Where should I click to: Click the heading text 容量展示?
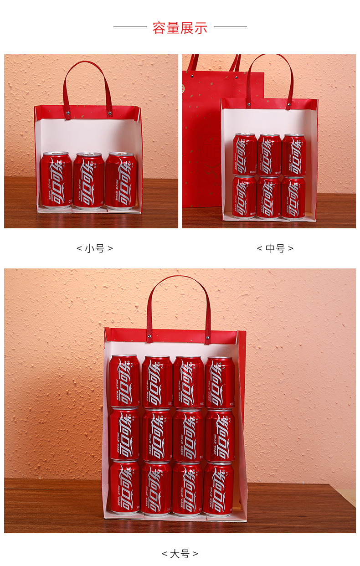click(x=180, y=28)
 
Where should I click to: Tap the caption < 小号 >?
click(x=94, y=248)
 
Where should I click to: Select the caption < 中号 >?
click(x=275, y=248)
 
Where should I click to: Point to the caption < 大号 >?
click(x=180, y=554)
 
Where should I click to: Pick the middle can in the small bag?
click(x=88, y=180)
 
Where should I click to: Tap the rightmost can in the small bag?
click(x=121, y=180)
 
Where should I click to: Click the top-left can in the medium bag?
click(x=245, y=154)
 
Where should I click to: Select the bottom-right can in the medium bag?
click(x=293, y=197)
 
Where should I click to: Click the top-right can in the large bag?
click(x=220, y=382)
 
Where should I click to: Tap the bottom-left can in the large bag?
click(x=125, y=488)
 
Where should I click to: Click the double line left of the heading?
click(x=130, y=28)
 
